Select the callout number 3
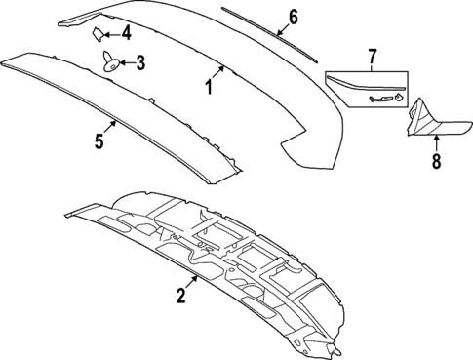click(140, 64)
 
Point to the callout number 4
click(125, 33)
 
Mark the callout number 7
click(372, 60)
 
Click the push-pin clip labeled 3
click(110, 64)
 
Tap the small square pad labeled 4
click(98, 32)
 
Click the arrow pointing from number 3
click(127, 64)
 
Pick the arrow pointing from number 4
click(111, 33)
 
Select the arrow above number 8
click(436, 140)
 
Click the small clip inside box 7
click(399, 96)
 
